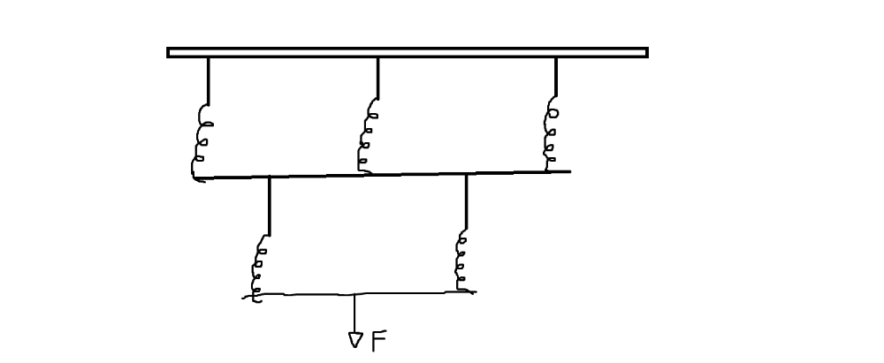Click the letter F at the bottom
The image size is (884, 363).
tap(378, 341)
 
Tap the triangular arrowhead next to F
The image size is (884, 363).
tap(355, 339)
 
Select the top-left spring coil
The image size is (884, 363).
tap(202, 140)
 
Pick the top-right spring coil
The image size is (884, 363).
tap(553, 134)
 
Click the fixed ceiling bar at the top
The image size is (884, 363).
tap(407, 52)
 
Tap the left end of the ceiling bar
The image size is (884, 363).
tap(171, 52)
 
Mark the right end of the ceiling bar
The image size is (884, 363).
tap(644, 52)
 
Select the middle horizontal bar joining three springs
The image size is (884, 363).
tap(380, 175)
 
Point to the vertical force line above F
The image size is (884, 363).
tap(355, 313)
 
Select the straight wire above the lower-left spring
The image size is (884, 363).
tap(269, 205)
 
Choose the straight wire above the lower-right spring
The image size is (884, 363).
tap(466, 201)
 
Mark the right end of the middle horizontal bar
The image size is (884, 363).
tap(568, 171)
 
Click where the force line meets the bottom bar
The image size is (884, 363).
tap(355, 294)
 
